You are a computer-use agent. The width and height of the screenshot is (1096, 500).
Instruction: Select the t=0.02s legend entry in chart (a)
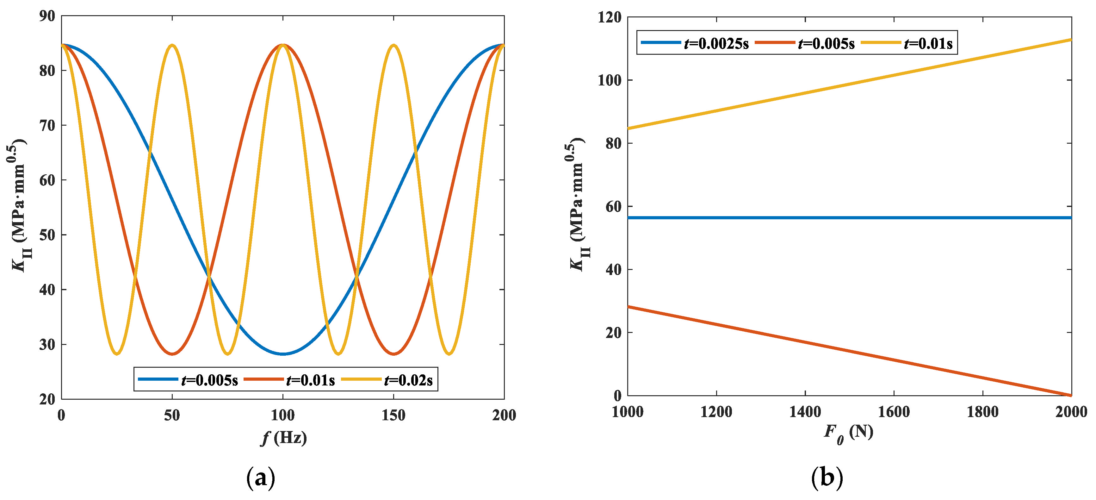387,379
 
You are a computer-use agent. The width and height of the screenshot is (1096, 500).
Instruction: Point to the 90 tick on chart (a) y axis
47,16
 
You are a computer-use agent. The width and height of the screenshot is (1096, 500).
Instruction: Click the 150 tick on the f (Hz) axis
393,415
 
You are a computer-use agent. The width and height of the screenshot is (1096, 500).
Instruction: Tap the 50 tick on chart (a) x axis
172,415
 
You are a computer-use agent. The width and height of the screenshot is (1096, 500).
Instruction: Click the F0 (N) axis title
848,433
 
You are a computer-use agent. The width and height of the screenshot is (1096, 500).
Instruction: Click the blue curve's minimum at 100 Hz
283,353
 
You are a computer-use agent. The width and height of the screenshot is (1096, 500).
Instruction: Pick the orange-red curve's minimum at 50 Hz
172,353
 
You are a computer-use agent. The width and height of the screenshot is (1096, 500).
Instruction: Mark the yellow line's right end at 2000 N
1070,40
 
